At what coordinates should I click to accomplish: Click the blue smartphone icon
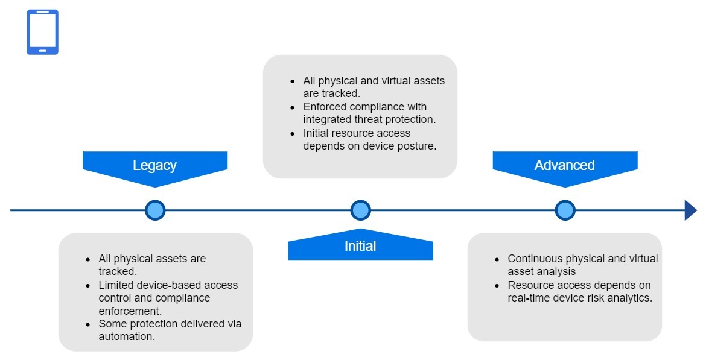42,32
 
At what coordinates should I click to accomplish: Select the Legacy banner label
154,165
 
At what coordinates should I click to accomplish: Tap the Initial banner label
360,246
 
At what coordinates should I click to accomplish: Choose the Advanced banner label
564,165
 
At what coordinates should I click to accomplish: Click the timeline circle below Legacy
155,210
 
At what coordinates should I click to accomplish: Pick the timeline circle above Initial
360,210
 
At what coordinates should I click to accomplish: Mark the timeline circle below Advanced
565,210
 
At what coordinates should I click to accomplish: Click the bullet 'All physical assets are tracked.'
152,265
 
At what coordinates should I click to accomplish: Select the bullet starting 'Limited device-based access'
168,298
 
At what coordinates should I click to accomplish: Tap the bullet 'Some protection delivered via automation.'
170,330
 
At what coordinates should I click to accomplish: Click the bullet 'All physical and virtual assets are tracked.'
374,87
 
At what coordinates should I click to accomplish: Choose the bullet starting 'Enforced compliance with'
369,113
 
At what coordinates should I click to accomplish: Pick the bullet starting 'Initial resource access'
369,139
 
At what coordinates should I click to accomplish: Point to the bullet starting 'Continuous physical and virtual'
582,265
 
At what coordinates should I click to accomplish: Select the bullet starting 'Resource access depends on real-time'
579,291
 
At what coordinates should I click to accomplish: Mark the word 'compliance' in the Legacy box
183,298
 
